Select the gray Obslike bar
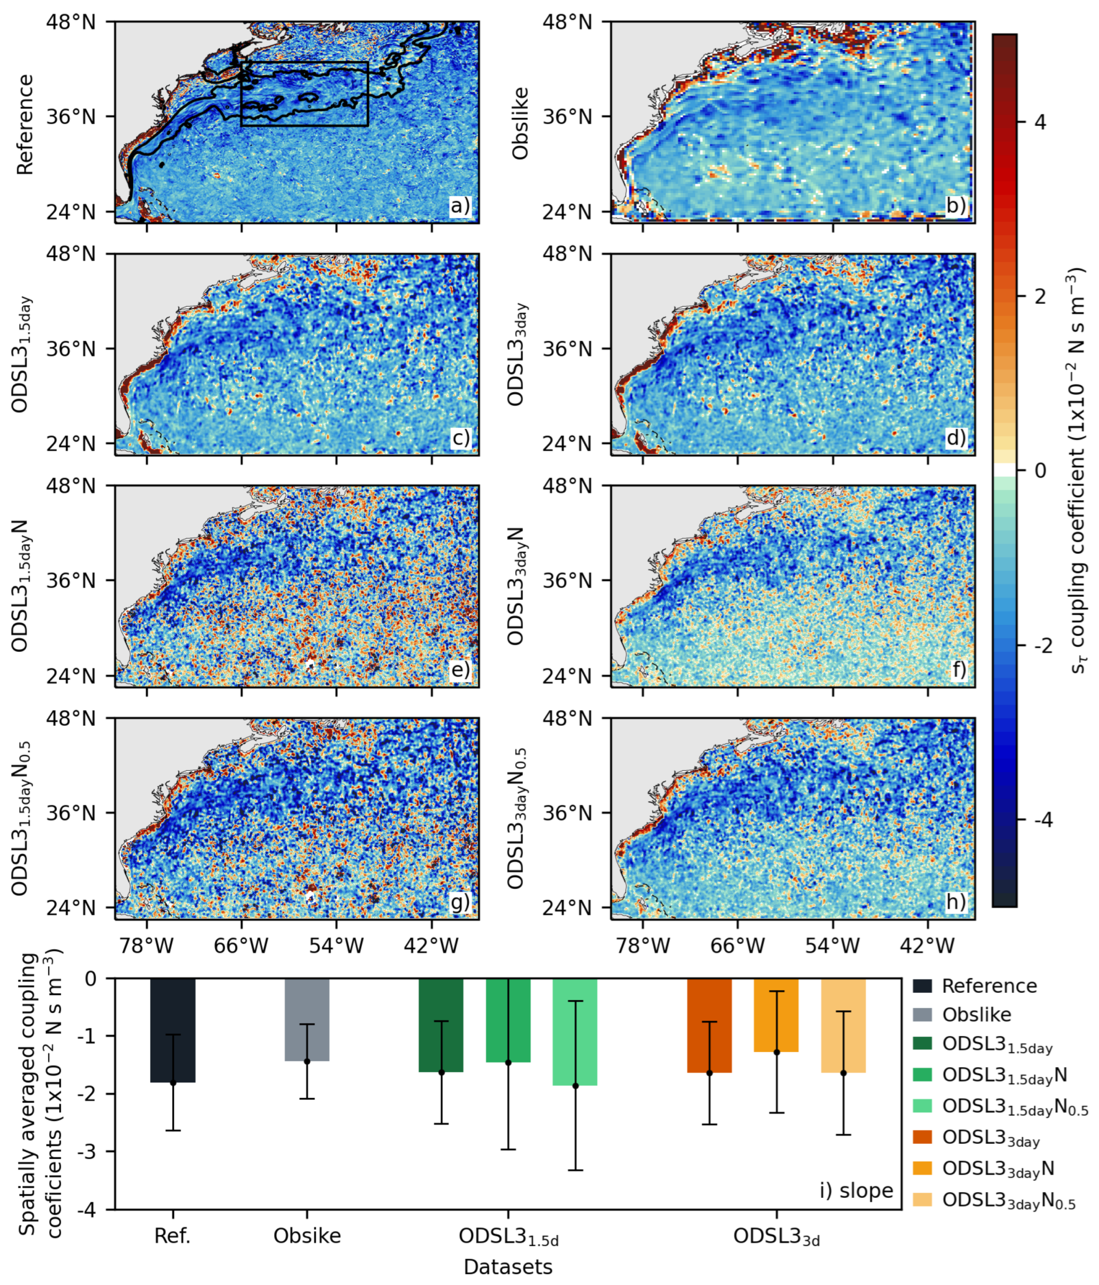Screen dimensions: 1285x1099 (307, 999)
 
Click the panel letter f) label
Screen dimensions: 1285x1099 (958, 670)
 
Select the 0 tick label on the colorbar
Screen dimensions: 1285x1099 (1039, 471)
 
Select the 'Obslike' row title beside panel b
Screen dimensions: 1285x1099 (520, 123)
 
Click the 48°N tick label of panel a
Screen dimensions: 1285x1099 (71, 22)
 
